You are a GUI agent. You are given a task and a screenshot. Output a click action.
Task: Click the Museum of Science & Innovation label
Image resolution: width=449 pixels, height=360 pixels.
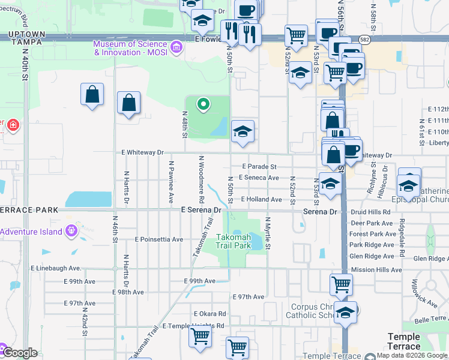point(130,47)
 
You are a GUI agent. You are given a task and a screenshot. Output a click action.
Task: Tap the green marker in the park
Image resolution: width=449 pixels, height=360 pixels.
point(203,105)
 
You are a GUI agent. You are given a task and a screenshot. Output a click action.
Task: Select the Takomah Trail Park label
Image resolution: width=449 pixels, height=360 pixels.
point(234,241)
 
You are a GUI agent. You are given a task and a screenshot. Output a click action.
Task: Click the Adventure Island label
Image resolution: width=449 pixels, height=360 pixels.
point(31,232)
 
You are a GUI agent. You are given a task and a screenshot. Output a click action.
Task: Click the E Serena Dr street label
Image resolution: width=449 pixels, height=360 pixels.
point(200,210)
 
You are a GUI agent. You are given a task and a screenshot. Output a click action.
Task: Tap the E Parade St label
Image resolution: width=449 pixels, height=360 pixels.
point(259,166)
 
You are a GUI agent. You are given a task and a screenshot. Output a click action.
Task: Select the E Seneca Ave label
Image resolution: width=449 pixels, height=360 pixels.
point(259,178)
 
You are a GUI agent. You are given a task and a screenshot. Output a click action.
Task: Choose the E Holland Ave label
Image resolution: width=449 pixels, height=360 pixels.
point(261,199)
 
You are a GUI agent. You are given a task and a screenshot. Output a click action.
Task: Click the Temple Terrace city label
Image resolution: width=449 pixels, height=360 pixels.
point(404,341)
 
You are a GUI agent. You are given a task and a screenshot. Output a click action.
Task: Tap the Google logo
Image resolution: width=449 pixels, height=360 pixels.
point(19,353)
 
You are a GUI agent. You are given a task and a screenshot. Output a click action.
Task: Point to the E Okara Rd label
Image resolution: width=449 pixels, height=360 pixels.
point(209,314)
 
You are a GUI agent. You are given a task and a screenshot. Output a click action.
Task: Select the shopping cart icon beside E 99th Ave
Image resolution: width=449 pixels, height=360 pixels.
point(342,284)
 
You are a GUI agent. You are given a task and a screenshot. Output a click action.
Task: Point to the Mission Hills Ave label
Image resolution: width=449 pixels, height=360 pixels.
point(376,270)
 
